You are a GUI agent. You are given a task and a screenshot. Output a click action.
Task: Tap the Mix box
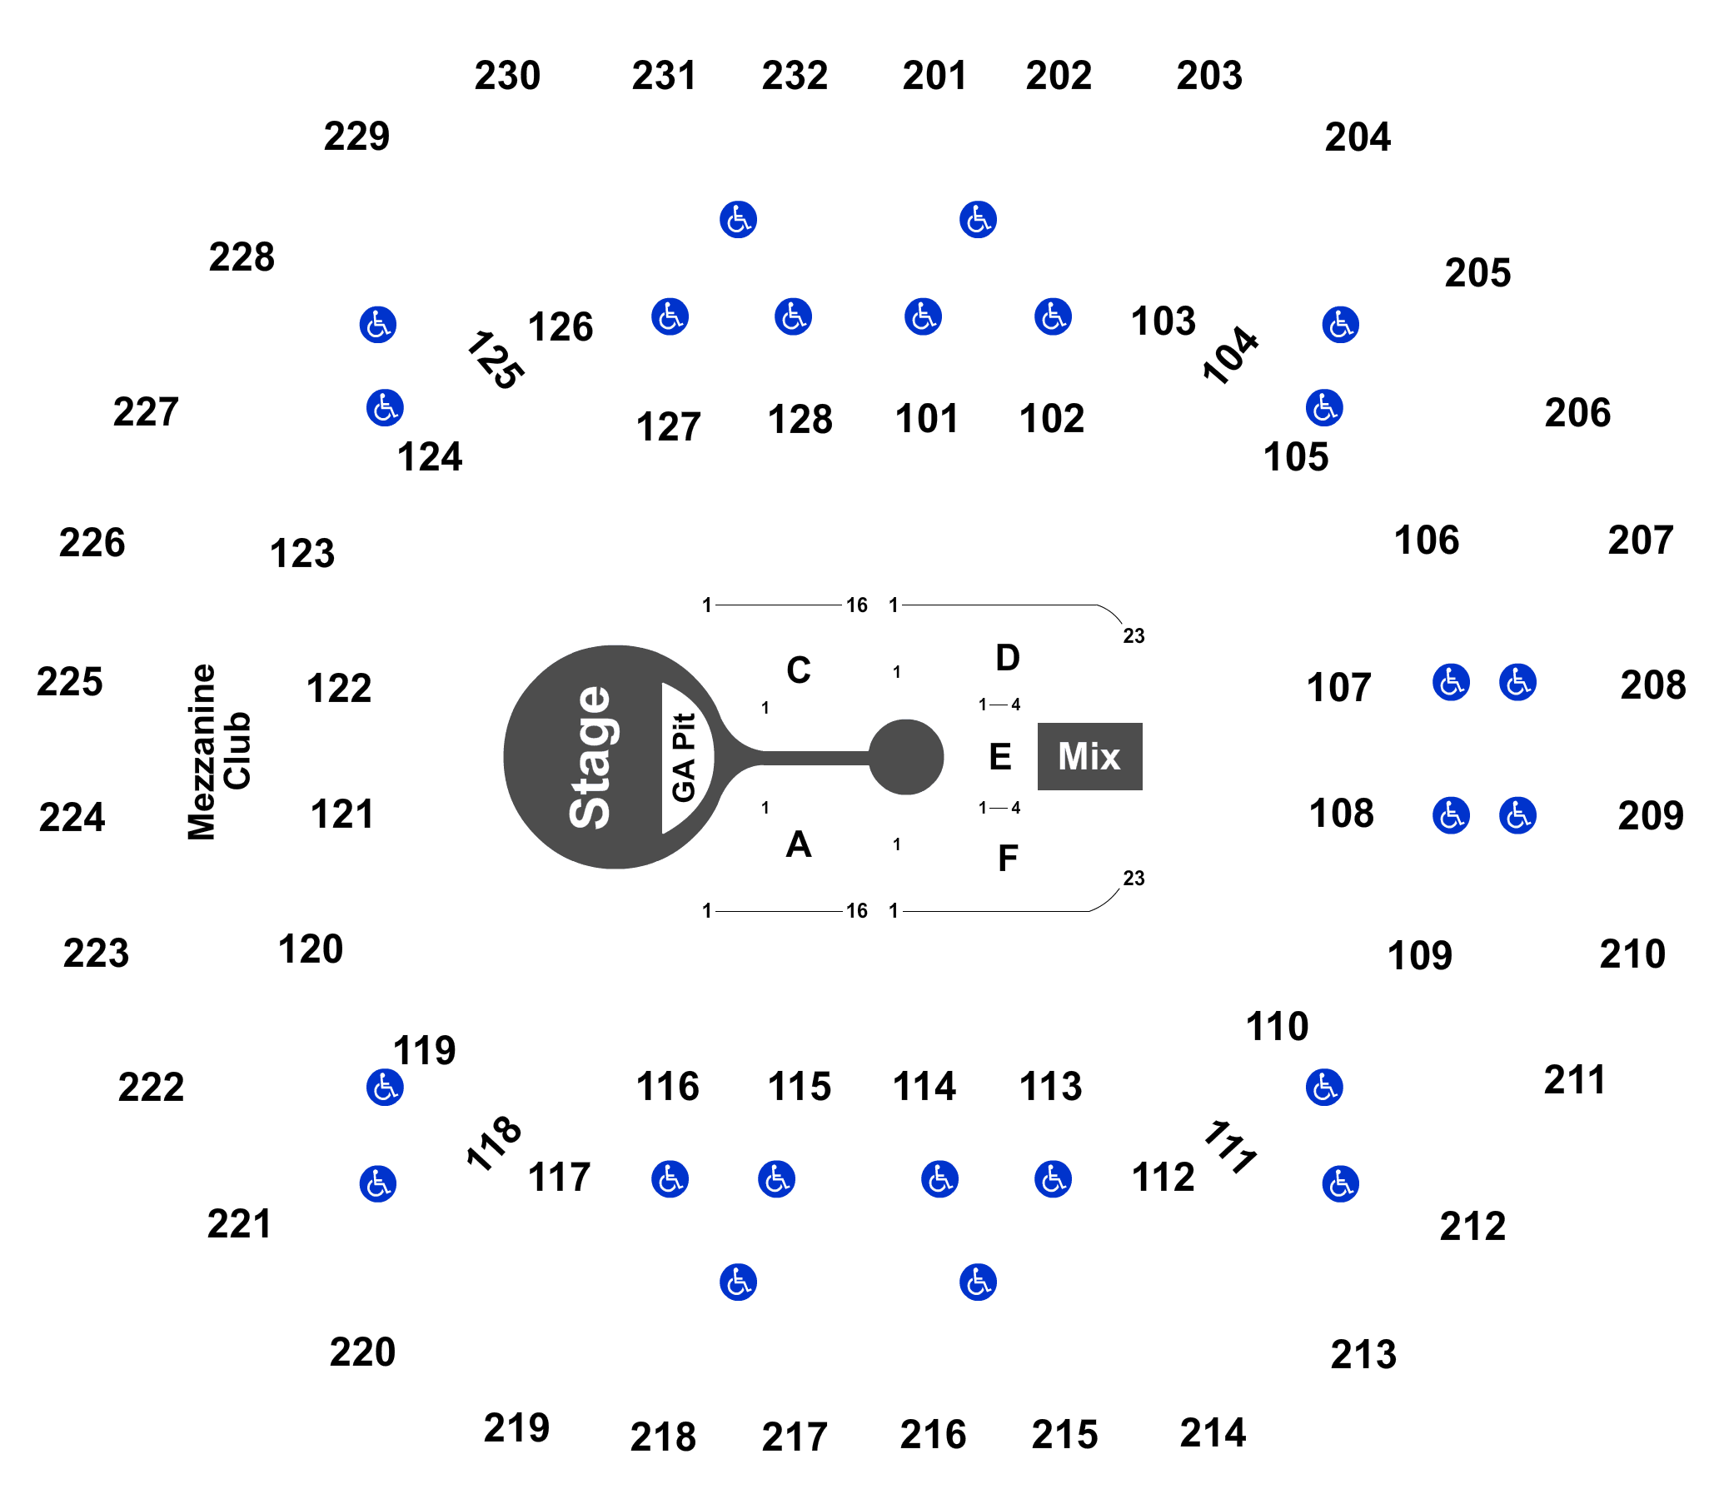pyautogui.click(x=1089, y=756)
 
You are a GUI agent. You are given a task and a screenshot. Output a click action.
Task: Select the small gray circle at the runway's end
pyautogui.click(x=906, y=757)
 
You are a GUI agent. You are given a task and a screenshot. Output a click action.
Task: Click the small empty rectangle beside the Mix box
pyautogui.click(x=999, y=755)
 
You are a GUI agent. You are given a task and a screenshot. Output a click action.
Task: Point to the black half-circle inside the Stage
pyautogui.click(x=685, y=757)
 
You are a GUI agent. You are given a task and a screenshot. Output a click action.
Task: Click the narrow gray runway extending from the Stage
pyautogui.click(x=803, y=758)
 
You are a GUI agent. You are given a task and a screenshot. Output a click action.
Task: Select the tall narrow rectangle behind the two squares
pyautogui.click(x=218, y=751)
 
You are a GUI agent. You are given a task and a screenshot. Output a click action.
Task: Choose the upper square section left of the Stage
pyautogui.click(x=339, y=688)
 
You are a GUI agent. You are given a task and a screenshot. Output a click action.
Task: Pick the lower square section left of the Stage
pyautogui.click(x=339, y=814)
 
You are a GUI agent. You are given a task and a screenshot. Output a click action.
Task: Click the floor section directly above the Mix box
pyautogui.click(x=1012, y=657)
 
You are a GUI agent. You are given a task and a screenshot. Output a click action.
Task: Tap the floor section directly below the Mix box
pyautogui.click(x=1012, y=856)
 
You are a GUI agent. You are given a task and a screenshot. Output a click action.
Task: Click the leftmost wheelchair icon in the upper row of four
pyautogui.click(x=670, y=317)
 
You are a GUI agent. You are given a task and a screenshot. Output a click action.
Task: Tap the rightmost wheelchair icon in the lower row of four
pyautogui.click(x=1053, y=1178)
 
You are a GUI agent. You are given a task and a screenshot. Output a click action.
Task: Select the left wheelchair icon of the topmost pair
pyautogui.click(x=738, y=220)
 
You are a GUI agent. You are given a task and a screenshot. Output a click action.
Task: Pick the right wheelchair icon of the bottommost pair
pyautogui.click(x=978, y=1282)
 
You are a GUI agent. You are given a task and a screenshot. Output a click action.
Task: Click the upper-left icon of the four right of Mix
pyautogui.click(x=1451, y=682)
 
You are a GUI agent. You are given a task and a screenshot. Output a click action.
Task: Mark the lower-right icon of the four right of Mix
pyautogui.click(x=1517, y=814)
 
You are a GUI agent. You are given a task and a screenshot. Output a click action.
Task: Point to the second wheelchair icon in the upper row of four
pyautogui.click(x=793, y=317)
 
